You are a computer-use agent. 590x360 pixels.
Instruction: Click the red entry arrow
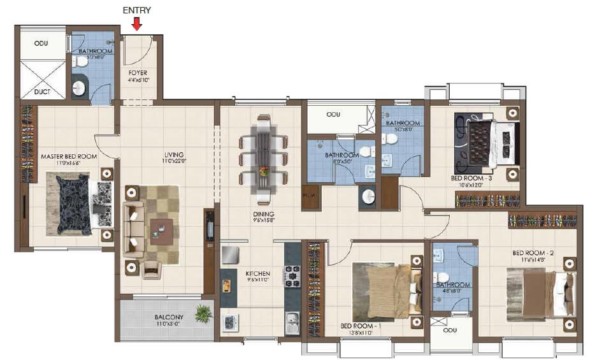coord(137,24)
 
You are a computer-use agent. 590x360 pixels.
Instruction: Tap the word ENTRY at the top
coord(137,10)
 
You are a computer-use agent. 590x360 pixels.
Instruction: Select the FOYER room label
coord(138,73)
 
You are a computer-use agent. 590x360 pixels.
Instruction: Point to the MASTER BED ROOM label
coord(69,156)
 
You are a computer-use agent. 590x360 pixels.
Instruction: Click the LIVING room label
coord(173,155)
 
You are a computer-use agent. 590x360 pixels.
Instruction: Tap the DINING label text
coord(263,214)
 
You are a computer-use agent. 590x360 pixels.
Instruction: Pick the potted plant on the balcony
coord(204,313)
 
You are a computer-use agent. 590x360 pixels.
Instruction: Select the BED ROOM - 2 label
coord(533,253)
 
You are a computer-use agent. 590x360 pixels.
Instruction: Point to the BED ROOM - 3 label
coord(472,178)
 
